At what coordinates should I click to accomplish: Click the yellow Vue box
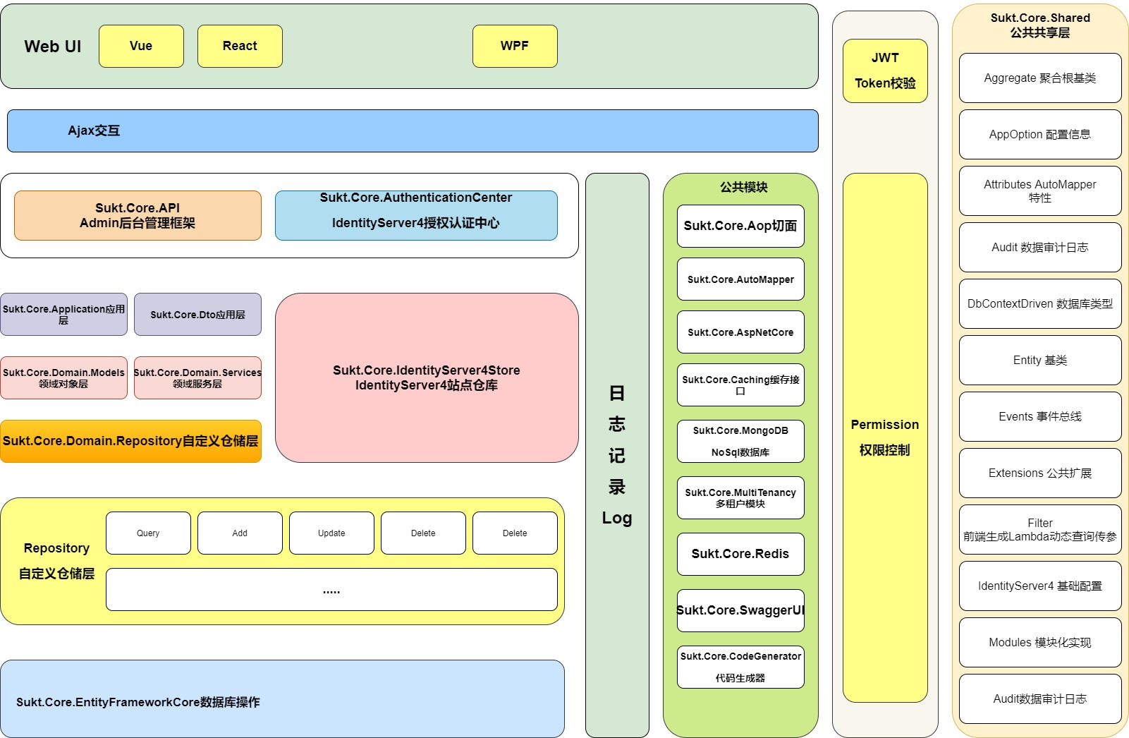pos(141,46)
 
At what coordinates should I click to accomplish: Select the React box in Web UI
pos(240,46)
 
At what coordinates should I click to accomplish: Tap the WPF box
pos(515,46)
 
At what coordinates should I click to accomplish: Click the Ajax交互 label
pos(94,131)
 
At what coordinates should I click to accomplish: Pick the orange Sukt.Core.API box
pos(138,215)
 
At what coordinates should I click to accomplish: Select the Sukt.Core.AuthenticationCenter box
pos(416,215)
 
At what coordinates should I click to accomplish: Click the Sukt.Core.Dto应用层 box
pos(197,315)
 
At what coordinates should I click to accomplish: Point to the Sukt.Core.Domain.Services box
pos(197,377)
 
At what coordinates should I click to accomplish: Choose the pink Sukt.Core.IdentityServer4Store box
pos(427,377)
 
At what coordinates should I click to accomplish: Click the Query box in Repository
pos(148,533)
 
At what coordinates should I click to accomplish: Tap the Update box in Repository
pos(331,533)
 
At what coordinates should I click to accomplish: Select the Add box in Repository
pos(240,533)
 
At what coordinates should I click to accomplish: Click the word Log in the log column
pos(617,518)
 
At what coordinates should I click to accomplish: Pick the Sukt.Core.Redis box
pos(740,554)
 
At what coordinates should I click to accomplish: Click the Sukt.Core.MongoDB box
pos(740,441)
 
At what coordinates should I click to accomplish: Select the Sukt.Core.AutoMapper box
pos(740,279)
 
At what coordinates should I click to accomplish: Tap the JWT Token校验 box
pos(885,71)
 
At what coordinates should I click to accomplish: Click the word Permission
pos(885,425)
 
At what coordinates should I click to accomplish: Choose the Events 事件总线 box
pos(1040,416)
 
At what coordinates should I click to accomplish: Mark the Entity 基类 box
pos(1040,360)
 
